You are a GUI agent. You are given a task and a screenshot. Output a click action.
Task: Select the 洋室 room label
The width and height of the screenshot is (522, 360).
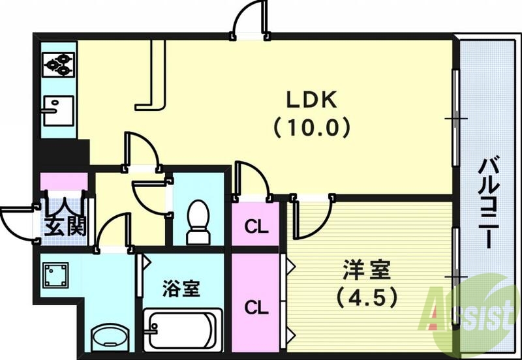coord(367,270)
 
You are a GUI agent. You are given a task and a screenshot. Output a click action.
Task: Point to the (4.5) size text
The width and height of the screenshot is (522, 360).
coord(367,298)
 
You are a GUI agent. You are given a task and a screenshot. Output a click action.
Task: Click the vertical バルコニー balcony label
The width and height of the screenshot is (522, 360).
coord(489,202)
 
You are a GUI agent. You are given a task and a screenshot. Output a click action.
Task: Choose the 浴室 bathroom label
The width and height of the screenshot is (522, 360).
coord(181,288)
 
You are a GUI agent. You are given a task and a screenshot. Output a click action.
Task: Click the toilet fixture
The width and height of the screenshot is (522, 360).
coord(197,218)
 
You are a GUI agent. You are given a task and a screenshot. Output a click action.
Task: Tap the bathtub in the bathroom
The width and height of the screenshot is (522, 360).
coord(181,329)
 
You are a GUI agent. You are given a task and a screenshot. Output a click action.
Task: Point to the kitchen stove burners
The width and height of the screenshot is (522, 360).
coord(59,64)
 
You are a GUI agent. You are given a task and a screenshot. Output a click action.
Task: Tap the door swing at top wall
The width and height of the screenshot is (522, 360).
coord(251,20)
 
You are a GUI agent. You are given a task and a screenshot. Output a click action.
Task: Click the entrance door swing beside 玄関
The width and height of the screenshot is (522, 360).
coord(18,222)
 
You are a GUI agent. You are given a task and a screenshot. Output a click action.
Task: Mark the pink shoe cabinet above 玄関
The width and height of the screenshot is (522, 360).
coord(63,180)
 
